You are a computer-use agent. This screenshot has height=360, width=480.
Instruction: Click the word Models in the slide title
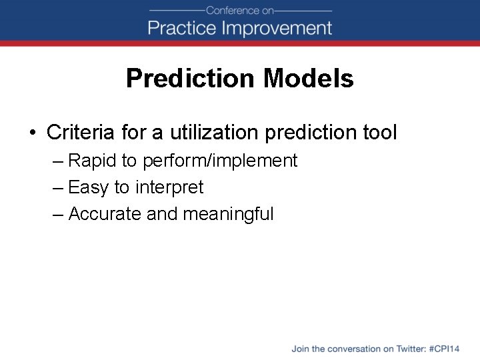308,79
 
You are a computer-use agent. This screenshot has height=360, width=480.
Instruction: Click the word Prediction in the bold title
191,79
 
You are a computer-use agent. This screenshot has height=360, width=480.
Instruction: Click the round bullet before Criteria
33,133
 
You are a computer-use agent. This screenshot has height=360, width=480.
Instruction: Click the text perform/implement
220,161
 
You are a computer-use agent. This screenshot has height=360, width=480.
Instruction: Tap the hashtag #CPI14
445,349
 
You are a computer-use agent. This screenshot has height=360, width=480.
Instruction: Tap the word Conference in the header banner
231,10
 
